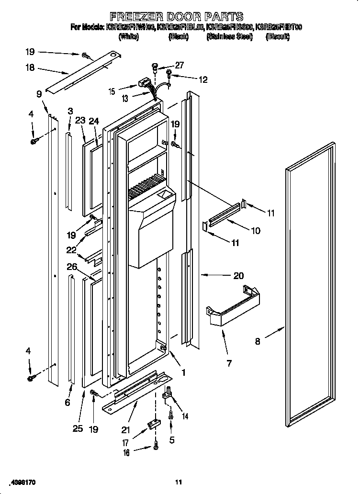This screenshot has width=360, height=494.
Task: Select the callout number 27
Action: [x=180, y=65]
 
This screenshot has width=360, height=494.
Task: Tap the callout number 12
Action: [x=203, y=80]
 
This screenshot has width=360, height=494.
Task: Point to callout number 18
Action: [x=30, y=68]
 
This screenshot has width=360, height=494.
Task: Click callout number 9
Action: [x=39, y=94]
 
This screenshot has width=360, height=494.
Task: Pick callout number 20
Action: [x=238, y=276]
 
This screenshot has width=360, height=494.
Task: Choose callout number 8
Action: [x=258, y=341]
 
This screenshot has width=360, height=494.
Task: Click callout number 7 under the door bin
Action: [x=229, y=363]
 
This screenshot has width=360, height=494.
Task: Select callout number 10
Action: [x=256, y=231]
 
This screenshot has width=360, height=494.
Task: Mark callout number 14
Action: [x=185, y=416]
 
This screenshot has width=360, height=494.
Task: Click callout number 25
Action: [x=78, y=428]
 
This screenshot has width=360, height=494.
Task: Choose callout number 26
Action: [x=72, y=267]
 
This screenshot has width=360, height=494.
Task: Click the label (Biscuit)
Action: [x=278, y=37]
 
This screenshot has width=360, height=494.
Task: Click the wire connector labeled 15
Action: [x=142, y=84]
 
